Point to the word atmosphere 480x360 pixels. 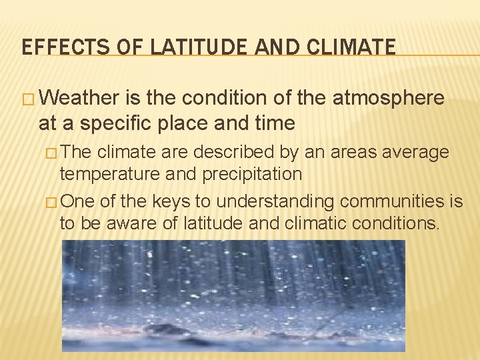[x=388, y=99]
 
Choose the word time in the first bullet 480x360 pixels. [x=274, y=123]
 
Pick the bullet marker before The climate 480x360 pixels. [x=53, y=153]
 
